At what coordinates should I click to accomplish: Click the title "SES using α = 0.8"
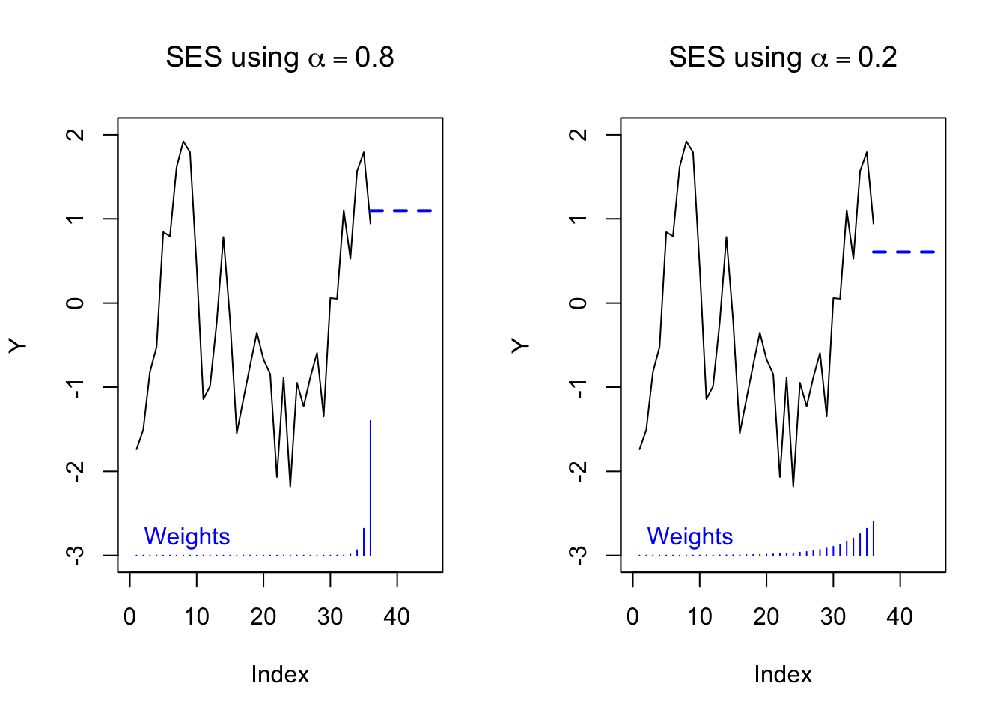pyautogui.click(x=279, y=58)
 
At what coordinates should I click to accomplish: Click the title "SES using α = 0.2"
pyautogui.click(x=782, y=58)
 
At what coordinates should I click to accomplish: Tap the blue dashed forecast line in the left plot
pyautogui.click(x=400, y=211)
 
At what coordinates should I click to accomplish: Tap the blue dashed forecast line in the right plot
pyautogui.click(x=903, y=252)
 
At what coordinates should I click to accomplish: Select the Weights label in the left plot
pyautogui.click(x=186, y=536)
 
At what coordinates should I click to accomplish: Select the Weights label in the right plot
pyautogui.click(x=689, y=536)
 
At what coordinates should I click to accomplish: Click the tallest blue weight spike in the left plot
pyautogui.click(x=371, y=487)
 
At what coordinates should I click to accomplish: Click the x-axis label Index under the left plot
pyautogui.click(x=280, y=674)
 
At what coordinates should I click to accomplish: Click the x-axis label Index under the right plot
pyautogui.click(x=783, y=674)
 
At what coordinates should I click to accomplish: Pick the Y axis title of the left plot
pyautogui.click(x=18, y=345)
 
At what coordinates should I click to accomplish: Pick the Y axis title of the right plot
pyautogui.click(x=521, y=345)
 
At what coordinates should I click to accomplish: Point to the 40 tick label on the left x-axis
pyautogui.click(x=397, y=616)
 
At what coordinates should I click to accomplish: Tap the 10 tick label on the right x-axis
pyautogui.click(x=700, y=616)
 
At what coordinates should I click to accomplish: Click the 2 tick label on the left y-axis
pyautogui.click(x=76, y=135)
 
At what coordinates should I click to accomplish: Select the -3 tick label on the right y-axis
pyautogui.click(x=578, y=554)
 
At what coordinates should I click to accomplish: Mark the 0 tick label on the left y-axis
pyautogui.click(x=76, y=303)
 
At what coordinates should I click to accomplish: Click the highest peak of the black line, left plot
pyautogui.click(x=183, y=142)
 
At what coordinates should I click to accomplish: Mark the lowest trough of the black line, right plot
pyautogui.click(x=793, y=486)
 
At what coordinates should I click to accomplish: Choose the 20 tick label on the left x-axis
pyautogui.click(x=263, y=616)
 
